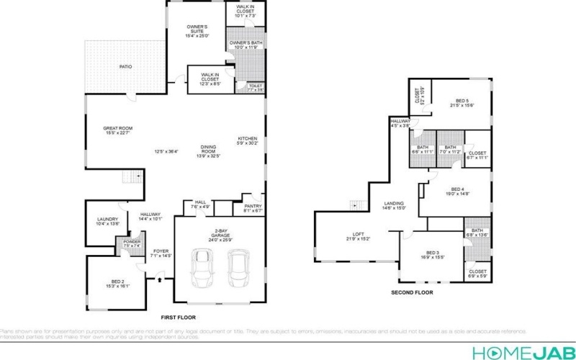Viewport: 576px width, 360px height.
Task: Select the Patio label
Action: (x=125, y=67)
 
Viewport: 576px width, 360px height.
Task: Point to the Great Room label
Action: (x=118, y=130)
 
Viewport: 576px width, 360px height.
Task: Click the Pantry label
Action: (x=252, y=208)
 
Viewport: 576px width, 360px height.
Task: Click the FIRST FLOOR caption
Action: (x=178, y=318)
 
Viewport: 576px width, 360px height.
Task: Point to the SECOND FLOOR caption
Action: (x=412, y=293)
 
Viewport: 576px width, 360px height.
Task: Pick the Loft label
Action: (x=358, y=235)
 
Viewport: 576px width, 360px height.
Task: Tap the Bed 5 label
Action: (x=462, y=103)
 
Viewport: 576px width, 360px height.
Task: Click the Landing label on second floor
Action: (x=395, y=205)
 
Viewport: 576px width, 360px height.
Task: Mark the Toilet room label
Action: (x=256, y=87)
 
